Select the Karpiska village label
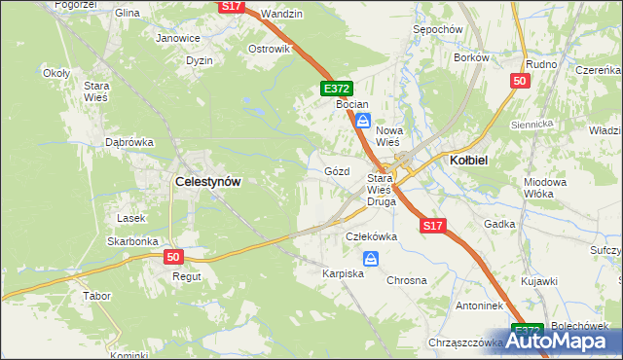343,274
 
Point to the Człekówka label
372,236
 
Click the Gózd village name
336,171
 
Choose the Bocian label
351,102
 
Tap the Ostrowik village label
270,49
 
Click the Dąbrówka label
129,142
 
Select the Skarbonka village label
132,241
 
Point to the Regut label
187,276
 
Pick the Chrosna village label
407,280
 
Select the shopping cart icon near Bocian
362,121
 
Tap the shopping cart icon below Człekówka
371,259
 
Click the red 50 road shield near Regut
173,257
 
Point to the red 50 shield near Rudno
519,82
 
